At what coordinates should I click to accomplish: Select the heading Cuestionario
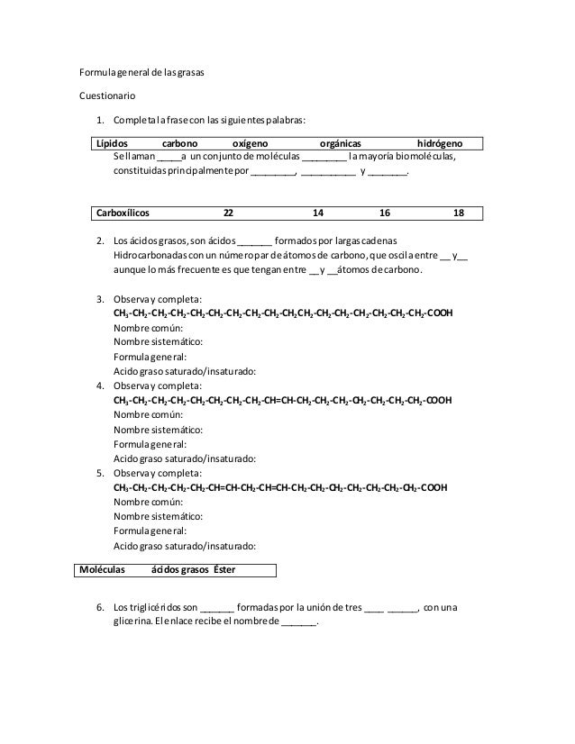click(109, 94)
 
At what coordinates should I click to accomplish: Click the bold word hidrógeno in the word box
click(441, 143)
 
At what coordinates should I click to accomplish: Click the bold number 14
click(317, 213)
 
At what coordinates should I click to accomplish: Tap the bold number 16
click(385, 213)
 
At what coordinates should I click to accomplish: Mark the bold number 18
click(459, 213)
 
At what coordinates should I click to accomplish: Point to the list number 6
click(100, 606)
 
